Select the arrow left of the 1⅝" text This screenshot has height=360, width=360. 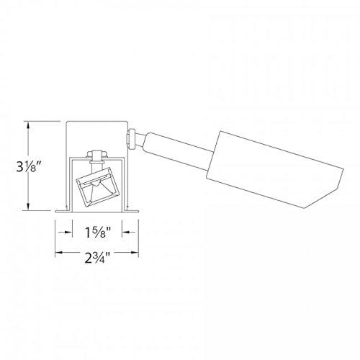68,233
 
